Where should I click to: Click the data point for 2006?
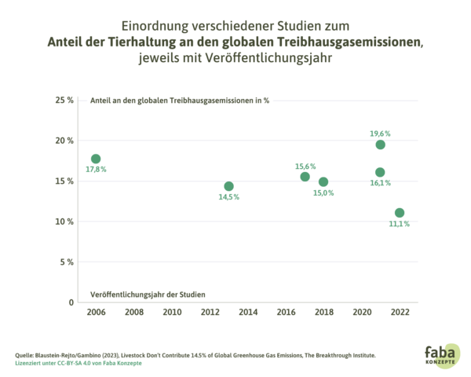pyautogui.click(x=96, y=159)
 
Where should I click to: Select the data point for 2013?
pyautogui.click(x=228, y=186)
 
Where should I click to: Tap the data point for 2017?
pyautogui.click(x=305, y=176)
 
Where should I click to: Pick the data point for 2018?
pyautogui.click(x=323, y=182)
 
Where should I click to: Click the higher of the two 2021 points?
pyautogui.click(x=381, y=145)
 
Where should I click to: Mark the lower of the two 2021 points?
pyautogui.click(x=380, y=172)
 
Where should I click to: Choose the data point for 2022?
pyautogui.click(x=400, y=213)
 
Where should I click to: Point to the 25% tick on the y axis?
pyautogui.click(x=64, y=101)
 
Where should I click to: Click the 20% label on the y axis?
pyautogui.click(x=64, y=141)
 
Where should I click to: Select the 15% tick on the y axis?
pyautogui.click(x=64, y=181)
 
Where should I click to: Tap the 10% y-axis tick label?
pyautogui.click(x=64, y=221)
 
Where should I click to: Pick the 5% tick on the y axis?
pyautogui.click(x=67, y=262)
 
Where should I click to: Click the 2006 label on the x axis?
pyautogui.click(x=96, y=312)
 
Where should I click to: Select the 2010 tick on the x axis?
pyautogui.click(x=172, y=312)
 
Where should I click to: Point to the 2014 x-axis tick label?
pyautogui.click(x=248, y=312)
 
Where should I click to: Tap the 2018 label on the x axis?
pyautogui.click(x=323, y=312)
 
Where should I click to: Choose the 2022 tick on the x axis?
pyautogui.click(x=400, y=312)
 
